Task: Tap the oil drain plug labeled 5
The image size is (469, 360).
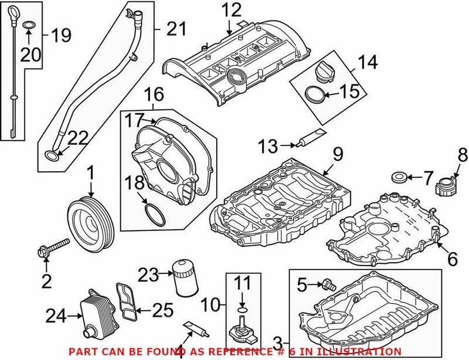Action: click(x=329, y=286)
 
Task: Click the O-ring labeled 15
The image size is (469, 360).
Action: click(x=315, y=93)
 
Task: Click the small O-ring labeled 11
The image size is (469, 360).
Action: click(x=243, y=309)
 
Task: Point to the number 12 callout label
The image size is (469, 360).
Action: click(x=231, y=10)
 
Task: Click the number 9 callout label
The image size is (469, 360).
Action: click(x=337, y=155)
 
